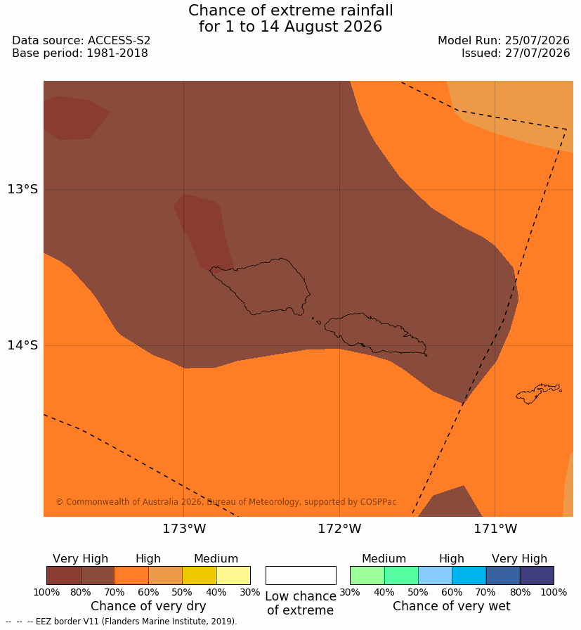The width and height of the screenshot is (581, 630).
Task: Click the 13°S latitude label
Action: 22,189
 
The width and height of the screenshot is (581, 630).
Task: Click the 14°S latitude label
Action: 22,345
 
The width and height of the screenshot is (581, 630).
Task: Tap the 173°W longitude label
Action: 184,528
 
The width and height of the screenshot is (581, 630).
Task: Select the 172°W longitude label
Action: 340,528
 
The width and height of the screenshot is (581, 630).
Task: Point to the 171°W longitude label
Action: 495,528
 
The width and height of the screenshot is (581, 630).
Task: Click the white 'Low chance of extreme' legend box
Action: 301,575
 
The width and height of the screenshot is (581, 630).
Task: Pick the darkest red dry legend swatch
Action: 64,575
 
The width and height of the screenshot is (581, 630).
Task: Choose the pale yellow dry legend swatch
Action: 233,575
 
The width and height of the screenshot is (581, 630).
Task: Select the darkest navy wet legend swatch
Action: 537,575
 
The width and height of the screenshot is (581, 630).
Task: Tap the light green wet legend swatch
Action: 367,575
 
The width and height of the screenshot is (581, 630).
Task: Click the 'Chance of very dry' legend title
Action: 148,606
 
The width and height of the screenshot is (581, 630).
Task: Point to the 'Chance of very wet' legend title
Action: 451,606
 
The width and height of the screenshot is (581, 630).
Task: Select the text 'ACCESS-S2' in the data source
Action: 119,41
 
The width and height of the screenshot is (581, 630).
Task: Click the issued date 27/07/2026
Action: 537,53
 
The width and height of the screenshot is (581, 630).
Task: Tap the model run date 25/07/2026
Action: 537,41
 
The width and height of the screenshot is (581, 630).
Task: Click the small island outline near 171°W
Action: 537,393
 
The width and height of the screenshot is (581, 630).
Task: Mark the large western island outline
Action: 260,286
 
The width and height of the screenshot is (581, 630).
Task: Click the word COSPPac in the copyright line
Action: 378,502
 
